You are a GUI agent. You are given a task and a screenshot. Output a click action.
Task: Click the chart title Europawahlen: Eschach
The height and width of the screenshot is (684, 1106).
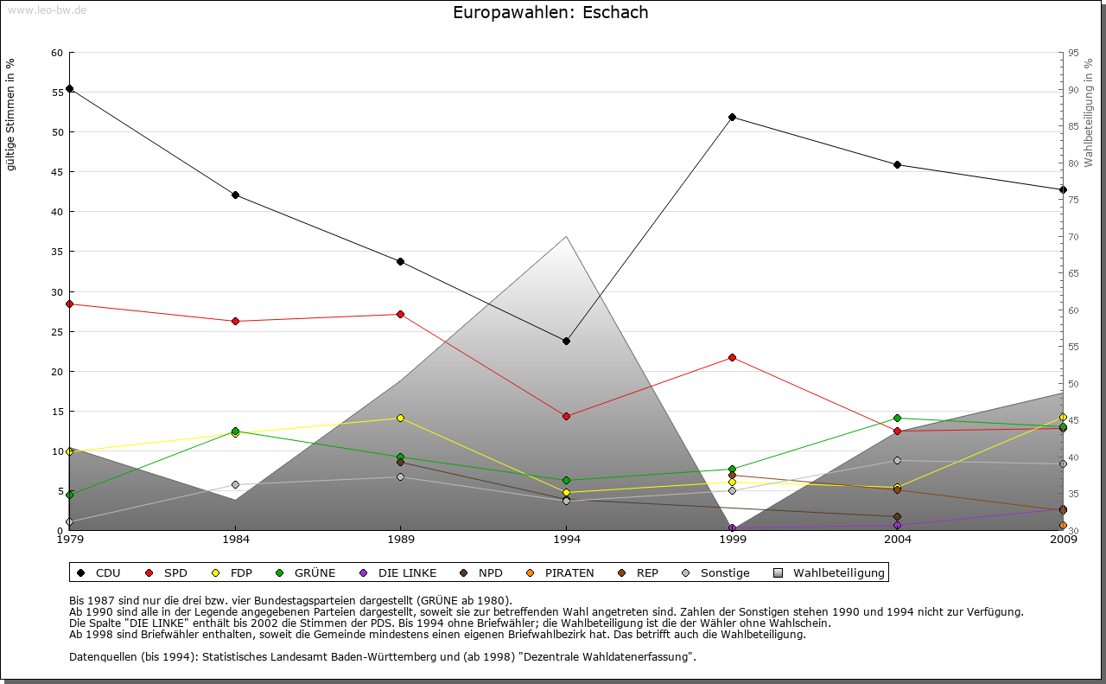550,13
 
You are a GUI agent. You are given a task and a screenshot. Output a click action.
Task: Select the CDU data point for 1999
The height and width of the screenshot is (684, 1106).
732,117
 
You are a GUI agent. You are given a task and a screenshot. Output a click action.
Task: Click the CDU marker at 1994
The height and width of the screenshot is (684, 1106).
566,341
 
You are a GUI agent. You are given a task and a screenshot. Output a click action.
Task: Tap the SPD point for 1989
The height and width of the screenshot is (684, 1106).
400,314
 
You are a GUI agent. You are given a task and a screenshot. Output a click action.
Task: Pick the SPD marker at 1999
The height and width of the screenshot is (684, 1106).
732,357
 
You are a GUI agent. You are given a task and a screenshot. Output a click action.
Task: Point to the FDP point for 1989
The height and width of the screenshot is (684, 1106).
400,418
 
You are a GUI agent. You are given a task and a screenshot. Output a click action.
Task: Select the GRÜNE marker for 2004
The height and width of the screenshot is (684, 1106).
897,418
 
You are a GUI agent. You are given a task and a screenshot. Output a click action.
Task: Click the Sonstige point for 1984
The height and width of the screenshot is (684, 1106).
235,484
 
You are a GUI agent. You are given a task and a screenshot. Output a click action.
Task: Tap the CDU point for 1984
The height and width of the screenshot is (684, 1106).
235,195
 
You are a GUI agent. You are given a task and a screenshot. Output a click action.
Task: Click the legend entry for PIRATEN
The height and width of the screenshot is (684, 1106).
561,572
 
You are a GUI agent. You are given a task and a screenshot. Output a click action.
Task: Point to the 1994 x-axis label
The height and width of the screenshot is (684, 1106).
566,540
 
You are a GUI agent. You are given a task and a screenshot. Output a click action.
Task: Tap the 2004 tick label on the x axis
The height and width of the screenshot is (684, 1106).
897,540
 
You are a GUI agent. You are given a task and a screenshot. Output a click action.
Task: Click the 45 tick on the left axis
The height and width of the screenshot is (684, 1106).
57,172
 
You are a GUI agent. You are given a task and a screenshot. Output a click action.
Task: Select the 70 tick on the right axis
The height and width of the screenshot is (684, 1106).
1072,237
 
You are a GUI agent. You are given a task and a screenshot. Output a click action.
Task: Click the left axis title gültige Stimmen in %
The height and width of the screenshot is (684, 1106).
11,114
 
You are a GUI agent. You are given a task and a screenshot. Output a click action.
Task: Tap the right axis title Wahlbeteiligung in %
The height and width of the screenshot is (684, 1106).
1089,113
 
